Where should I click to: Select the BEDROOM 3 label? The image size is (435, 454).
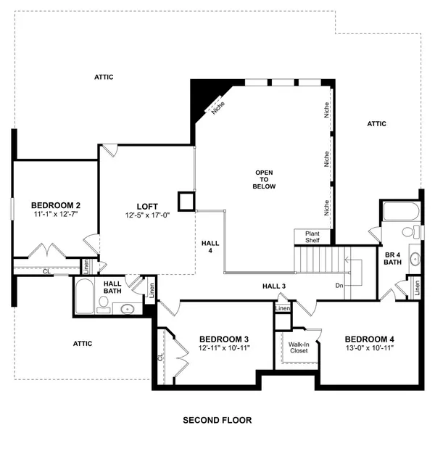tap(224, 339)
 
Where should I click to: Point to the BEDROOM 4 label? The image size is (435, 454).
tap(370, 339)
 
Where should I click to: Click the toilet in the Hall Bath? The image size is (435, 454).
tap(103, 310)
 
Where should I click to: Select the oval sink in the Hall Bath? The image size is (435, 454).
tap(128, 309)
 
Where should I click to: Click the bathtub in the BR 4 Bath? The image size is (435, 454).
tap(399, 212)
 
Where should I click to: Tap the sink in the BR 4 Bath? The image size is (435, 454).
tap(415, 257)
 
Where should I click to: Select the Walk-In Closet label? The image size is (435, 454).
tap(298, 347)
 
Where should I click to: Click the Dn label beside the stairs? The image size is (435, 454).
tap(339, 285)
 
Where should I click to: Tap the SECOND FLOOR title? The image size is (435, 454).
tap(217, 420)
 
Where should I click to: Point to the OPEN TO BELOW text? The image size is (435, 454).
tap(263, 179)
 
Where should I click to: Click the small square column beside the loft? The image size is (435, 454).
tap(187, 201)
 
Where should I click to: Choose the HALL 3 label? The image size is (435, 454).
tap(274, 286)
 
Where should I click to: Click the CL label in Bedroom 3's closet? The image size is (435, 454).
tap(160, 357)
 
